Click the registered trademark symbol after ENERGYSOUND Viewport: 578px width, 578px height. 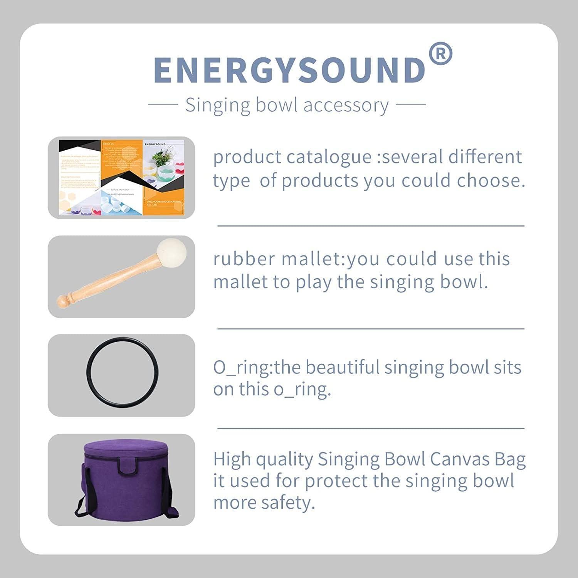(440, 54)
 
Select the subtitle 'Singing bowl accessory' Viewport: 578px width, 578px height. (287, 105)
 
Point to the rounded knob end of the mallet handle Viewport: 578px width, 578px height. (63, 301)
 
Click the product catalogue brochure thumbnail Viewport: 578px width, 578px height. (122, 178)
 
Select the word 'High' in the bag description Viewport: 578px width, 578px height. (232, 459)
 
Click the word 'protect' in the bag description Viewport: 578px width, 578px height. (341, 481)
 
